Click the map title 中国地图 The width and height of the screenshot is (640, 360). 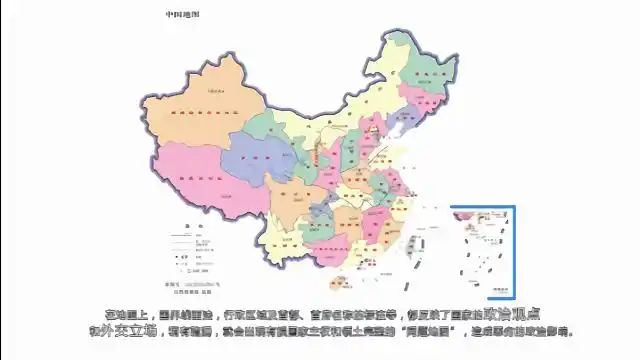pyautogui.click(x=182, y=15)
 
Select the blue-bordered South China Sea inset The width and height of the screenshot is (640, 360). pyautogui.click(x=482, y=251)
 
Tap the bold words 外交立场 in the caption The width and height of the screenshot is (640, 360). pyautogui.click(x=139, y=331)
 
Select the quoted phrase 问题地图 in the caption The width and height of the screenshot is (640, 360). pyautogui.click(x=429, y=331)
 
